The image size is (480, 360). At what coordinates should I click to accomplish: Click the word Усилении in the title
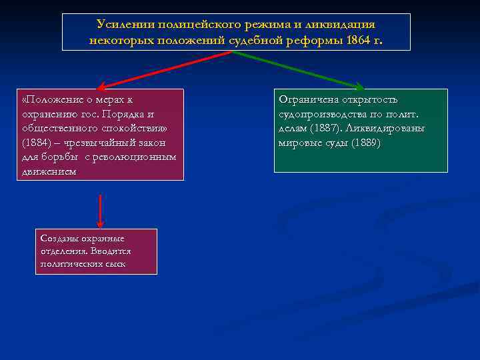125,25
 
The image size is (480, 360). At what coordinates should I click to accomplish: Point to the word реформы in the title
313,40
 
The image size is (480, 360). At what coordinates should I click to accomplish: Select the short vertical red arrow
99,210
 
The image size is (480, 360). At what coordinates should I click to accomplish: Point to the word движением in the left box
49,171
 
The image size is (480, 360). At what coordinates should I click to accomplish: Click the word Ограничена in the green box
307,100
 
